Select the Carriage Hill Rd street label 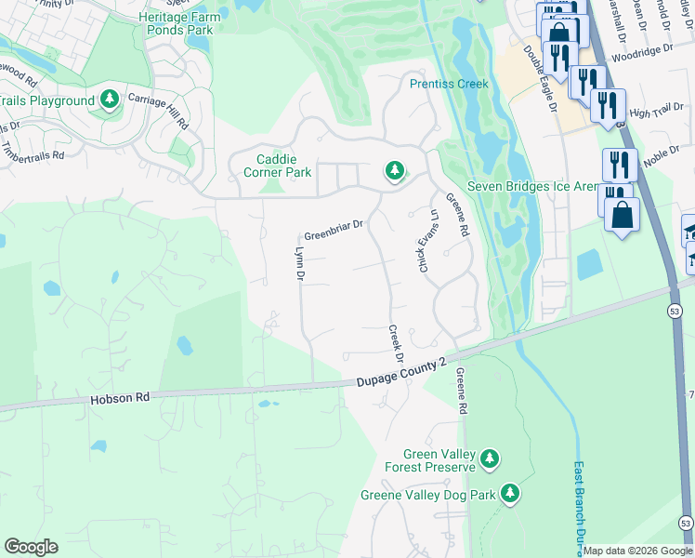[159, 111]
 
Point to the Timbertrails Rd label [33, 150]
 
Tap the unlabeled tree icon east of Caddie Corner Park [395, 171]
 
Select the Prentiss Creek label [449, 84]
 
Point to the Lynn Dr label [299, 264]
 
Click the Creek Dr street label [395, 344]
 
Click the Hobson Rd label [120, 398]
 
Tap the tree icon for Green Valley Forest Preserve [489, 458]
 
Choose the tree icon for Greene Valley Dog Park [509, 494]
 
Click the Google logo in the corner [31, 547]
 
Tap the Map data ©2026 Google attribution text [637, 551]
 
